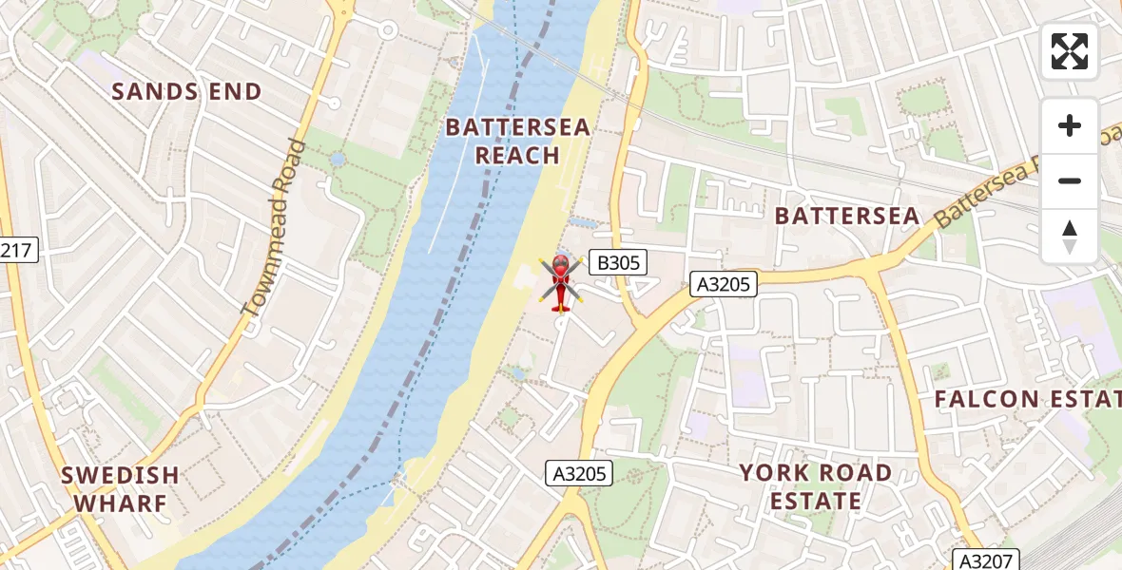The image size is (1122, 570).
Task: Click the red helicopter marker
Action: tap(561, 281)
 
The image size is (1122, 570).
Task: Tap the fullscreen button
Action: tap(1070, 51)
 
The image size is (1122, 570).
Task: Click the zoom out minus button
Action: tap(1070, 180)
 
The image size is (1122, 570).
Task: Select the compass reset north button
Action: tap(1070, 236)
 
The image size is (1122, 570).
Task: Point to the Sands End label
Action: tap(186, 92)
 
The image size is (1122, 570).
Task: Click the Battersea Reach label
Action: tap(518, 141)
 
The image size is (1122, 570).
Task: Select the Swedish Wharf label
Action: tap(120, 488)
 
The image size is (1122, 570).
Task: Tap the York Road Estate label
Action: tap(815, 486)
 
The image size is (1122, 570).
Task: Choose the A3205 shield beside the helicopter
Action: tap(723, 283)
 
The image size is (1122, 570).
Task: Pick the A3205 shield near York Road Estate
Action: tap(580, 473)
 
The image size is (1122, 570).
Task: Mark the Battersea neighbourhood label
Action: tap(847, 217)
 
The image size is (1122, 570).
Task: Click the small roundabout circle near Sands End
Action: tap(388, 31)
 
